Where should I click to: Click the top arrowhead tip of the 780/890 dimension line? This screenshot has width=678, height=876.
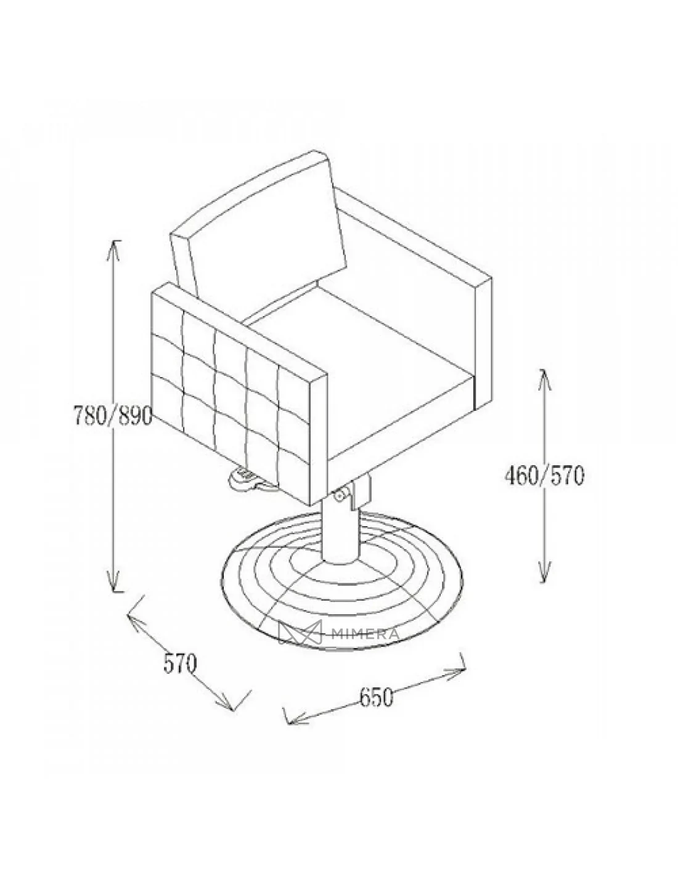click(114, 240)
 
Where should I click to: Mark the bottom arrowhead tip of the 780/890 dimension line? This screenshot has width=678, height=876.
click(114, 592)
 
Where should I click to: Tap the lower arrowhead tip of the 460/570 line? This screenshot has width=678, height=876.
click(544, 583)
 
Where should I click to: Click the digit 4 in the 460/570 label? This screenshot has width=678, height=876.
click(511, 476)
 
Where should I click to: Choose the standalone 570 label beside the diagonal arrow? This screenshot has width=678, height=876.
click(179, 663)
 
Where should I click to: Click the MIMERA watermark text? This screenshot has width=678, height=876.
click(366, 634)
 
